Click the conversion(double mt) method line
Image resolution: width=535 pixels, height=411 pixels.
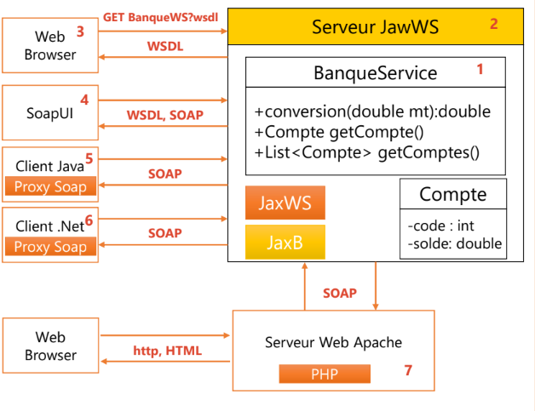pyautogui.click(x=372, y=112)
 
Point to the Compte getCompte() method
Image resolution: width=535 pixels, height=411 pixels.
pyautogui.click(x=340, y=133)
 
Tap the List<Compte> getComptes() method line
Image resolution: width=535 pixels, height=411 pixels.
pyautogui.click(x=367, y=153)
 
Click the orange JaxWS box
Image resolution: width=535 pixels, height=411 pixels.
pyautogui.click(x=285, y=204)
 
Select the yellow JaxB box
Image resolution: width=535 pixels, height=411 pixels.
pyautogui.click(x=285, y=243)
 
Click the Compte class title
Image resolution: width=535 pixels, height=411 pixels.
pyautogui.click(x=452, y=195)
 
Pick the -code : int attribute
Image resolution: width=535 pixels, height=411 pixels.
pyautogui.click(x=441, y=225)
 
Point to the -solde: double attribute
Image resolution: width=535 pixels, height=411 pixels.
pyautogui.click(x=454, y=244)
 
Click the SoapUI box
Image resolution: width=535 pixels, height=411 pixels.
pyautogui.click(x=49, y=112)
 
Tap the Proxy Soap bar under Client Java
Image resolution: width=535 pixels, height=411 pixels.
pyautogui.click(x=51, y=186)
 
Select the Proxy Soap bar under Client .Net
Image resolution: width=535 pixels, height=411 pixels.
pyautogui.click(x=51, y=247)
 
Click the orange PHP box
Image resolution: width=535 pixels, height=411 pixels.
pyautogui.click(x=325, y=374)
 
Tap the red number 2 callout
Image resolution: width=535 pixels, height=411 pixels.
pyautogui.click(x=493, y=24)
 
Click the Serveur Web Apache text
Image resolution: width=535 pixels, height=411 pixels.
pyautogui.click(x=333, y=343)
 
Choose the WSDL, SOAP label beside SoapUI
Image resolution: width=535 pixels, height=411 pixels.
pyautogui.click(x=164, y=114)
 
